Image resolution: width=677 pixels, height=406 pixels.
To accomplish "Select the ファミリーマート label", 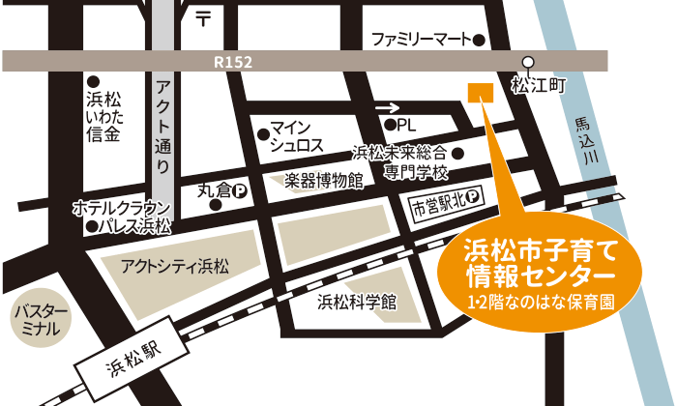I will tap(422, 40).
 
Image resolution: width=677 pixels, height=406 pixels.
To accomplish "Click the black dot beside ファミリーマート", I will tap(479, 41).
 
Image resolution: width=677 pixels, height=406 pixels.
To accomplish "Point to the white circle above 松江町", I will tap(528, 60).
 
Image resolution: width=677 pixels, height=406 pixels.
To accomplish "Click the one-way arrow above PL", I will tap(388, 108).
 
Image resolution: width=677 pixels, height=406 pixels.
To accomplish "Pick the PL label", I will tap(405, 125).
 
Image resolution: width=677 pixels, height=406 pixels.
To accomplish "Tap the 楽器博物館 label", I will tap(323, 180).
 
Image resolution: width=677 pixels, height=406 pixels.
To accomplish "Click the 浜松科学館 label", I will tap(357, 303).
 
